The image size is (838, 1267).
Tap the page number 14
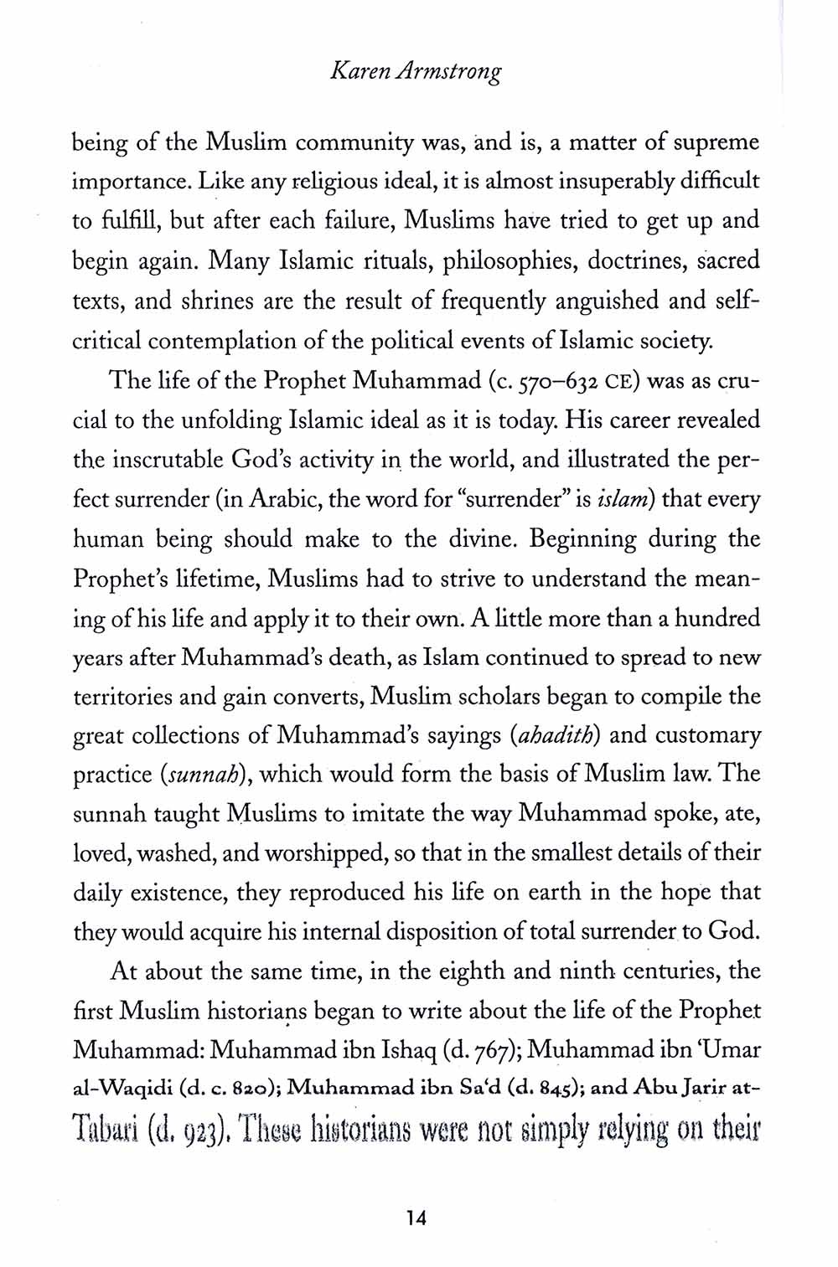click(x=416, y=1218)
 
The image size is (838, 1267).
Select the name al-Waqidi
click(x=115, y=1089)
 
